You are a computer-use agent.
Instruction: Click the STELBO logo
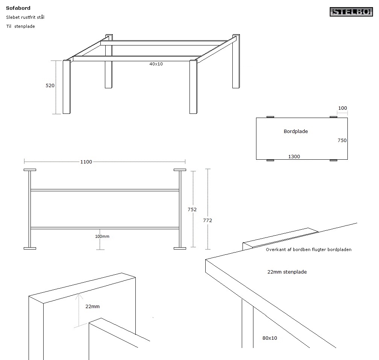[351, 12]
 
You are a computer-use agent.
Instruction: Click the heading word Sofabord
[18, 8]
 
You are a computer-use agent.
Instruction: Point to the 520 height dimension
[50, 86]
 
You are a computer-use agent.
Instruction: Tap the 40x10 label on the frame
[156, 64]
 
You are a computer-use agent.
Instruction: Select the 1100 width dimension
[86, 162]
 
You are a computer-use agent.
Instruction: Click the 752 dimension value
[192, 209]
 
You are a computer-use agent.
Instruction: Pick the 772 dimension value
[208, 220]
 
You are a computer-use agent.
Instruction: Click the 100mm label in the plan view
[102, 236]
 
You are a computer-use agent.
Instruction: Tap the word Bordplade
[296, 132]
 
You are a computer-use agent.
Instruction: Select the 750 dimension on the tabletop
[342, 141]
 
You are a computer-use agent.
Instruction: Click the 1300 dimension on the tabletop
[294, 157]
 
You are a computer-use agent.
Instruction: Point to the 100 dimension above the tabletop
[343, 108]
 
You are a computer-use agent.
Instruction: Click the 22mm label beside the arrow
[92, 306]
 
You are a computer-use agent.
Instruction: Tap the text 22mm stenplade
[287, 272]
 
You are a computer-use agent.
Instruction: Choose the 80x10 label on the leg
[270, 338]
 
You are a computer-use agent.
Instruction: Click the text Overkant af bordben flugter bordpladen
[309, 250]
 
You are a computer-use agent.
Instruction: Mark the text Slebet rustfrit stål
[25, 17]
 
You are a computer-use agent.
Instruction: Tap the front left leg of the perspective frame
[67, 87]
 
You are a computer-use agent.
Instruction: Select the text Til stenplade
[21, 26]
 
